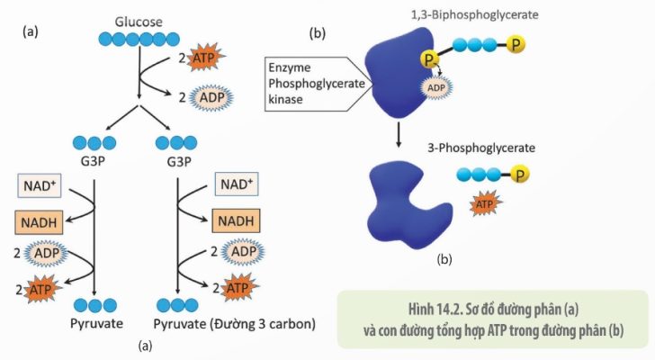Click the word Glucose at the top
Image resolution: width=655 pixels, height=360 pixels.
tap(139, 22)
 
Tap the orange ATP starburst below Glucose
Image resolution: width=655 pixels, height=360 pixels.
tap(206, 58)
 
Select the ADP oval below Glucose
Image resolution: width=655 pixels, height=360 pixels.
tap(211, 98)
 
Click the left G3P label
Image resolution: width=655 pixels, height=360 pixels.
tap(93, 161)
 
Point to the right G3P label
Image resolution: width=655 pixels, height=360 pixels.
tap(179, 161)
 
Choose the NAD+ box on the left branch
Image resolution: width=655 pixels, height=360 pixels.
tap(40, 185)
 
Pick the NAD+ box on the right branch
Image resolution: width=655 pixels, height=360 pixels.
tap(237, 184)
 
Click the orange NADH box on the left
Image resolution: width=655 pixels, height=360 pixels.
tap(39, 222)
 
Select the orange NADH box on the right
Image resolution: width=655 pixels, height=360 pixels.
tap(236, 220)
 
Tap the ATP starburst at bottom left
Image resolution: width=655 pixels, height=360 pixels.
tap(41, 289)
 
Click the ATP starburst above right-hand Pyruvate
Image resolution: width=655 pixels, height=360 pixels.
tap(239, 288)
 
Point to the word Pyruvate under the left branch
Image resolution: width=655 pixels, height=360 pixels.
tap(96, 324)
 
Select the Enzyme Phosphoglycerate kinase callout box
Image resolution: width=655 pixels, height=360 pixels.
tap(319, 84)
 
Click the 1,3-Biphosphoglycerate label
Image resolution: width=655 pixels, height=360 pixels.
tap(475, 15)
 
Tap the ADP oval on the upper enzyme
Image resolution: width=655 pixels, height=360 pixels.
tap(436, 87)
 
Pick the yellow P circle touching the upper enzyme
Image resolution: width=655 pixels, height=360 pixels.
tap(429, 59)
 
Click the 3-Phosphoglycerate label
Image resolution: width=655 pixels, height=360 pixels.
tap(481, 148)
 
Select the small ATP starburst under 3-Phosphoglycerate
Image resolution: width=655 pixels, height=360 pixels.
tap(485, 204)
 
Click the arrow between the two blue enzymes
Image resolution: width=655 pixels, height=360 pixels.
tap(399, 134)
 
